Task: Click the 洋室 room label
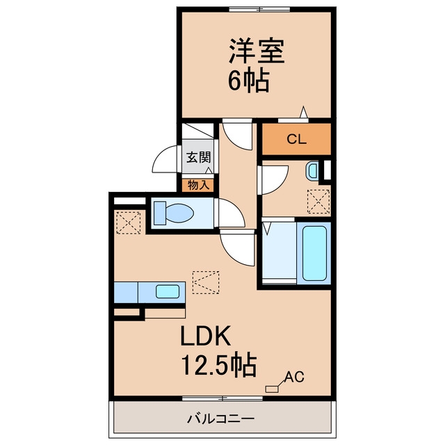[257, 51]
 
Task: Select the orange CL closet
[296, 139]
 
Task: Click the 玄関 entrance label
[199, 157]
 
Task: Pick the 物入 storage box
[198, 186]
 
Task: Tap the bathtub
[314, 253]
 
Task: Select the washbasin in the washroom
[312, 170]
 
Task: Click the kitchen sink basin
[168, 291]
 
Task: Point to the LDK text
[205, 336]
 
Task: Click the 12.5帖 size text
[218, 365]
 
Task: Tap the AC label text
[294, 377]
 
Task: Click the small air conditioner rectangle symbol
[272, 389]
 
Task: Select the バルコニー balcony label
[220, 419]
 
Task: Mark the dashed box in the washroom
[318, 202]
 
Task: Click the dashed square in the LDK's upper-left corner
[129, 222]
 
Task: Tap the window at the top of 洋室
[259, 10]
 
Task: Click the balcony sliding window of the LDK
[222, 398]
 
